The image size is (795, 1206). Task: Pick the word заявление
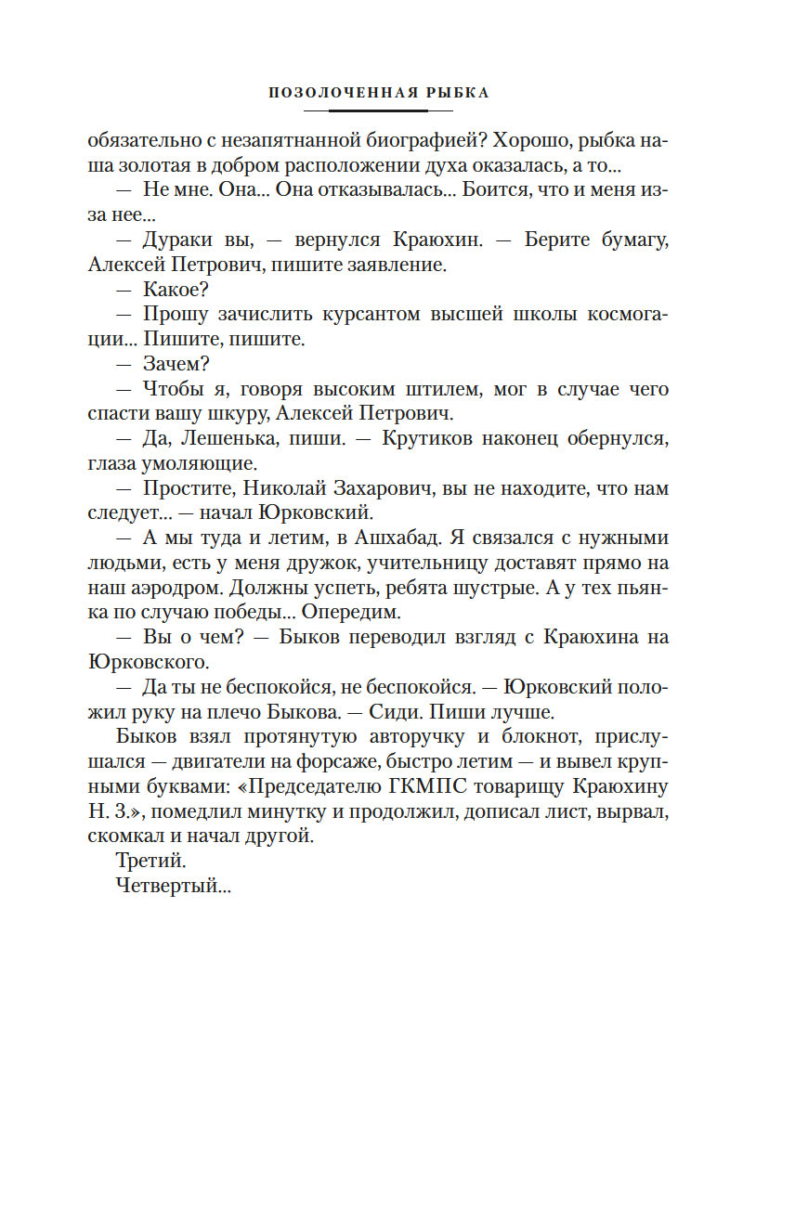click(391, 264)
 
